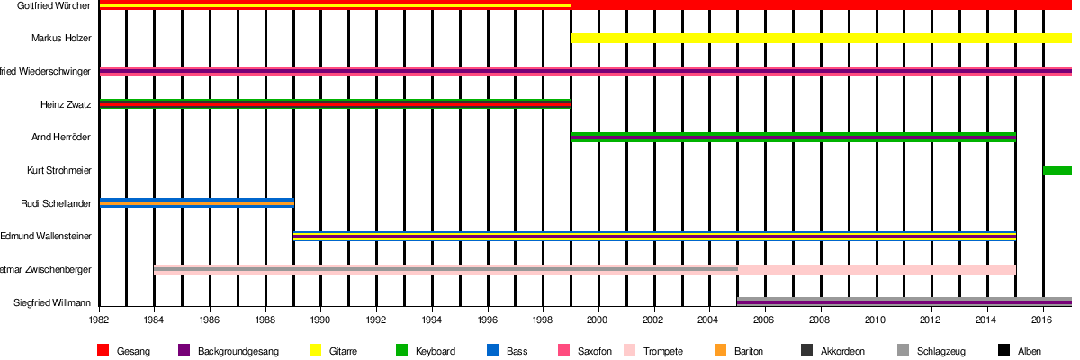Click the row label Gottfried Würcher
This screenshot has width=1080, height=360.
click(53, 6)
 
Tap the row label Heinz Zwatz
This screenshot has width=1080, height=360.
click(66, 104)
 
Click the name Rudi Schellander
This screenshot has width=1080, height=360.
click(56, 203)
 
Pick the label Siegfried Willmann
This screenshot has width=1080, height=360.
click(52, 302)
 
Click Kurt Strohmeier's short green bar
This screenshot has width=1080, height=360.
click(1057, 171)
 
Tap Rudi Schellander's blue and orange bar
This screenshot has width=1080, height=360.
click(197, 203)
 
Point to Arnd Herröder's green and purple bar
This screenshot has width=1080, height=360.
click(793, 138)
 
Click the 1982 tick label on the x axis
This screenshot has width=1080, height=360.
click(99, 319)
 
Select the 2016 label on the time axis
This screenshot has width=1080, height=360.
click(1043, 319)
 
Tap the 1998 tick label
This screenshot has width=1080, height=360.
click(543, 319)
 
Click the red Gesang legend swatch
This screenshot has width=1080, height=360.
click(103, 350)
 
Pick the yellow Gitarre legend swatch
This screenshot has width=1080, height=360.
click(315, 350)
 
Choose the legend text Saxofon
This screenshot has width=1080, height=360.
click(595, 351)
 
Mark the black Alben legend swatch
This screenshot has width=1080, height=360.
click(1004, 350)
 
